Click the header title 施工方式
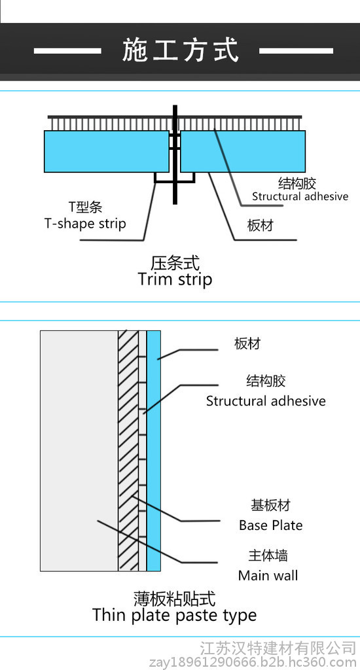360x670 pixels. [180, 50]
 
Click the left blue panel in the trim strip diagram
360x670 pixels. [107, 151]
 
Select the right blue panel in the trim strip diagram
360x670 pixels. [243, 151]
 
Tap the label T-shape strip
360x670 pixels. [85, 223]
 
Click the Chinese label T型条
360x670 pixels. [86, 207]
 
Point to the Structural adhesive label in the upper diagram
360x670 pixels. [300, 196]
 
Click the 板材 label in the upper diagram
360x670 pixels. [260, 225]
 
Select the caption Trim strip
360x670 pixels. [175, 279]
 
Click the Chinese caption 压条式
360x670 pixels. [175, 262]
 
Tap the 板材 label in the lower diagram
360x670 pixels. [247, 344]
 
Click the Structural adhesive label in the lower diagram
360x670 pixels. [266, 401]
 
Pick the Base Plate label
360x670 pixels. [270, 525]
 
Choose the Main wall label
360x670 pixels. [268, 575]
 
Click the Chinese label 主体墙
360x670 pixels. [268, 555]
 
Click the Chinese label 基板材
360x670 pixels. [270, 505]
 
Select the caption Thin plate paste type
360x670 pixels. [175, 615]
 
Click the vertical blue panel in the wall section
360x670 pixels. [154, 451]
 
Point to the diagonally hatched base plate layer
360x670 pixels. [128, 451]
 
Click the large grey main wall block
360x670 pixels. [79, 451]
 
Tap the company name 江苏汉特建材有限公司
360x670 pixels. [278, 648]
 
